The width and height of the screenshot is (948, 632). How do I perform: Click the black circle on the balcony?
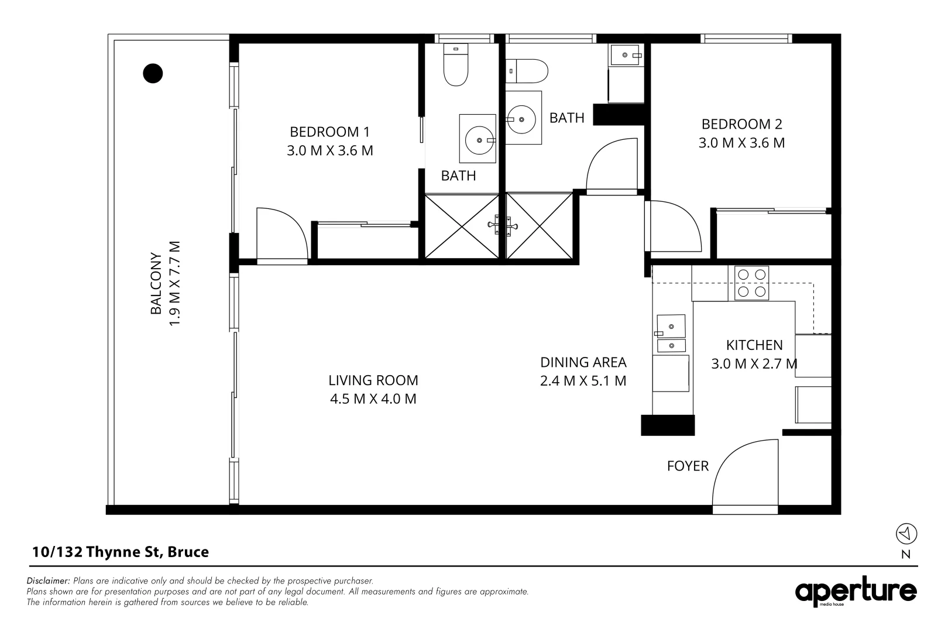coord(153,73)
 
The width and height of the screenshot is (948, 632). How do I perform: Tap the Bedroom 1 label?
coord(329,132)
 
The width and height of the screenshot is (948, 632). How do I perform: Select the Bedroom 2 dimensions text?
coord(741,143)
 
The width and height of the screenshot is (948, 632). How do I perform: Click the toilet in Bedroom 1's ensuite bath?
coord(456,66)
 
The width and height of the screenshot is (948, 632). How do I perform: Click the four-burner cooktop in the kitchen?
coord(751,283)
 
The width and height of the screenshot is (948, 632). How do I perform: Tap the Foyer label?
coord(688,466)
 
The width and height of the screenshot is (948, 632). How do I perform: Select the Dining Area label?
coord(583,362)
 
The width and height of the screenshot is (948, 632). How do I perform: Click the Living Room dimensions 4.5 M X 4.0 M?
coord(373,399)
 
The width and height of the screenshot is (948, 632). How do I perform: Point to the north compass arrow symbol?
coord(906,534)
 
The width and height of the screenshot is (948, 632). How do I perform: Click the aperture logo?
coord(856,592)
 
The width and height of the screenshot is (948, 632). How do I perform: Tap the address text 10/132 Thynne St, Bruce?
coord(121,552)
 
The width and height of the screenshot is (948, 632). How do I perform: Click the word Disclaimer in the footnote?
coord(48,581)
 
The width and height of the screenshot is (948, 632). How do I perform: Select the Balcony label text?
coord(156,283)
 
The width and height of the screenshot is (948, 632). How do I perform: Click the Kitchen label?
coord(754,345)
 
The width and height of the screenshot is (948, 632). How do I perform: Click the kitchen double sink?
coord(671,334)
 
